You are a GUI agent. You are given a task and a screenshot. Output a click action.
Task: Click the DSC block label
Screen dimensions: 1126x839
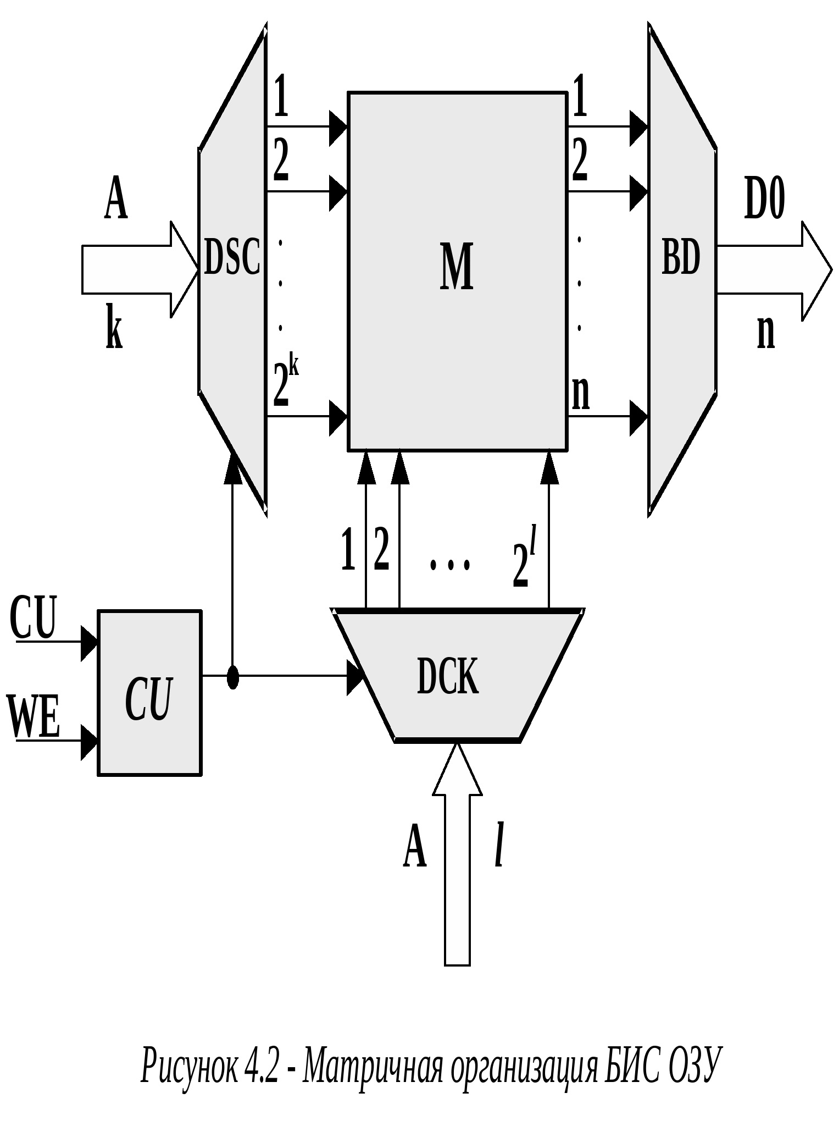tap(231, 257)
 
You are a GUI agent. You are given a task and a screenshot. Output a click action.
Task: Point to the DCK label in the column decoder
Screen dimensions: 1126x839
tap(447, 676)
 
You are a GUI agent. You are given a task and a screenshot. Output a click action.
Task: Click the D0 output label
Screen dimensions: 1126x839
tap(764, 198)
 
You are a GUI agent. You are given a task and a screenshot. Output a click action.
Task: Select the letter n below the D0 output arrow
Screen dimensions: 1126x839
tap(766, 332)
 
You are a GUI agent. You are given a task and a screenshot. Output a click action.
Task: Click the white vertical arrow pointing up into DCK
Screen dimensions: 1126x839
tap(457, 858)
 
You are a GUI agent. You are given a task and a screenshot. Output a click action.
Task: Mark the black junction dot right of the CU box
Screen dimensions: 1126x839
tap(233, 677)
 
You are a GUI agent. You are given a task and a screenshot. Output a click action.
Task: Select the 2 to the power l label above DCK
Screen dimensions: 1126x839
tap(524, 558)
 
